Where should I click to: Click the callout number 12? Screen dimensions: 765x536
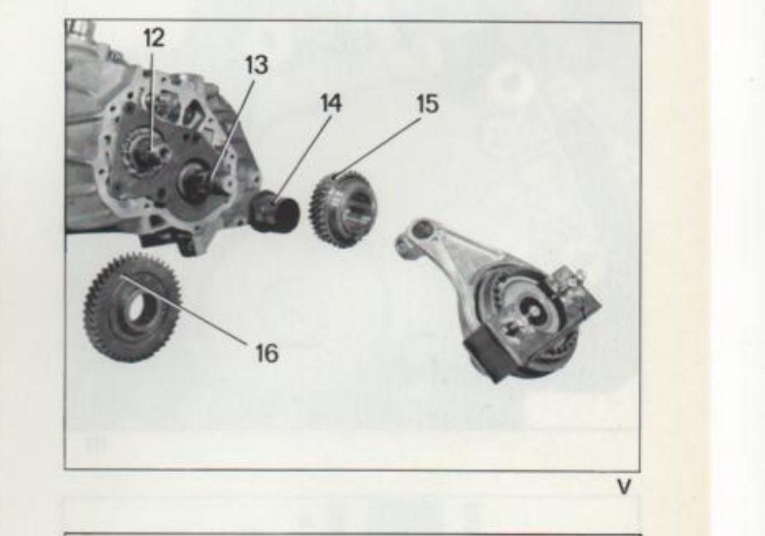(154, 38)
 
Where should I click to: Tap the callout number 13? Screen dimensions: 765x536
(257, 65)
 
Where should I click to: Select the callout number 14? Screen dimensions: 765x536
(330, 103)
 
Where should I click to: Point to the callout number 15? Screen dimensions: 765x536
(427, 104)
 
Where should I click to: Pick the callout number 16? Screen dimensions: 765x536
(267, 353)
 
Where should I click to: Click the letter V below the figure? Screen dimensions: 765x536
(624, 487)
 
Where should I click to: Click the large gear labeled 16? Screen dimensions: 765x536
(132, 307)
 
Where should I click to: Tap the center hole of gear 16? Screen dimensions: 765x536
(138, 306)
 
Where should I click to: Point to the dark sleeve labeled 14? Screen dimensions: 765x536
(275, 212)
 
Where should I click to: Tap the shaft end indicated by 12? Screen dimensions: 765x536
(151, 158)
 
